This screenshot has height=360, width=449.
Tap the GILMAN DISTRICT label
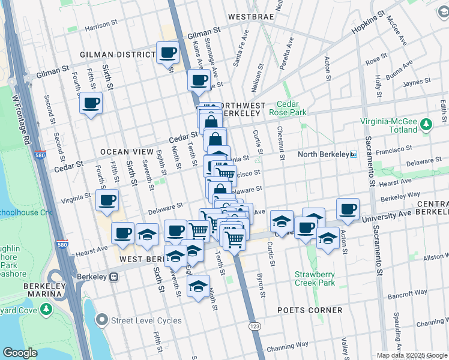click(118, 55)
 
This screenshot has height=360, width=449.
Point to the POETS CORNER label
click(310, 310)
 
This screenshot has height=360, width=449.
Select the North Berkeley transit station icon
click(354, 154)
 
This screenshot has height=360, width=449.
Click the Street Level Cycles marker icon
click(103, 320)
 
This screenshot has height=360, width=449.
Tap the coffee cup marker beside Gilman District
click(167, 52)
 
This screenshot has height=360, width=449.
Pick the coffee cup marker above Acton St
click(348, 209)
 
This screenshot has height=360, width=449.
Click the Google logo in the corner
click(20, 353)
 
